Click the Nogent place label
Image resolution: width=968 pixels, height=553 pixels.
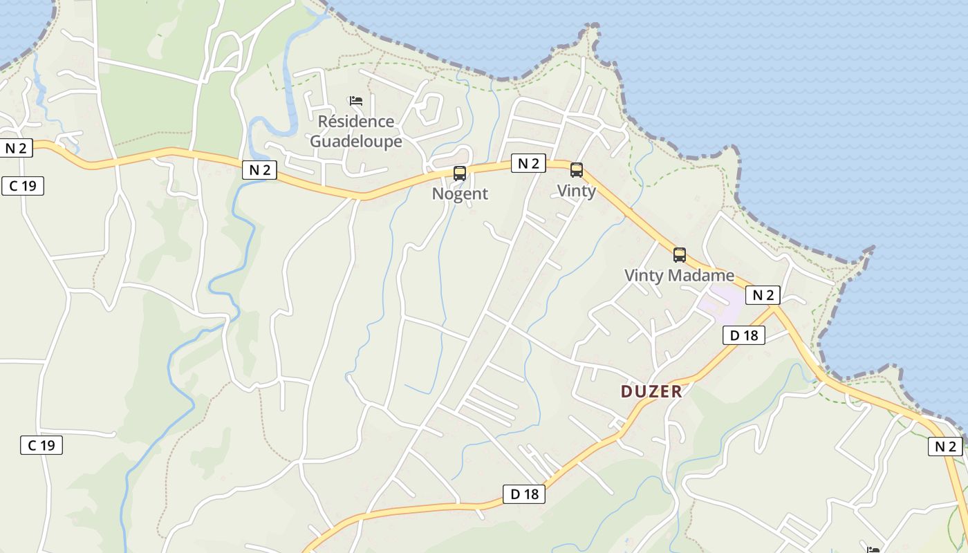point(460,194)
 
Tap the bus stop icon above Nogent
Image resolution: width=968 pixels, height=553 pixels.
point(460,174)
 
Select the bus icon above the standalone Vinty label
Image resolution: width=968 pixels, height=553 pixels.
point(576,170)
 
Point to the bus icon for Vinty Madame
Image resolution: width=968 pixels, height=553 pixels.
point(680,255)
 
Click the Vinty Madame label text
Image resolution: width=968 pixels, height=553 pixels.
point(679,275)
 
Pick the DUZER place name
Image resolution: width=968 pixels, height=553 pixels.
point(651,392)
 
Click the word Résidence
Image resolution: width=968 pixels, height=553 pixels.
point(356,122)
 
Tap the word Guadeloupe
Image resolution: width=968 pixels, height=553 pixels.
point(356,142)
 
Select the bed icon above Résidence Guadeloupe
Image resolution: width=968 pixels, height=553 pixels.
point(356,101)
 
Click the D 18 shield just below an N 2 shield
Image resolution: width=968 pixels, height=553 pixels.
point(744,335)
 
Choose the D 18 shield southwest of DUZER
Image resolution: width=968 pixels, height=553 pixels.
point(524,494)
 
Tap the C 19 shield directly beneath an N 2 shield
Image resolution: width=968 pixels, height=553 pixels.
point(23,185)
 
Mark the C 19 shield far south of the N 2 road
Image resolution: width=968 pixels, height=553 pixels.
point(41,445)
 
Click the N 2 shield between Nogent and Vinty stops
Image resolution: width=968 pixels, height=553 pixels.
point(528,163)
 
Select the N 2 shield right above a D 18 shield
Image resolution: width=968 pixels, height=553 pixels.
point(763,295)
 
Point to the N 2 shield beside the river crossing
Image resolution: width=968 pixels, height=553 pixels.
point(259,170)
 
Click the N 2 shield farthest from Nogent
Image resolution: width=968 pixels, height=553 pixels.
point(945,447)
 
